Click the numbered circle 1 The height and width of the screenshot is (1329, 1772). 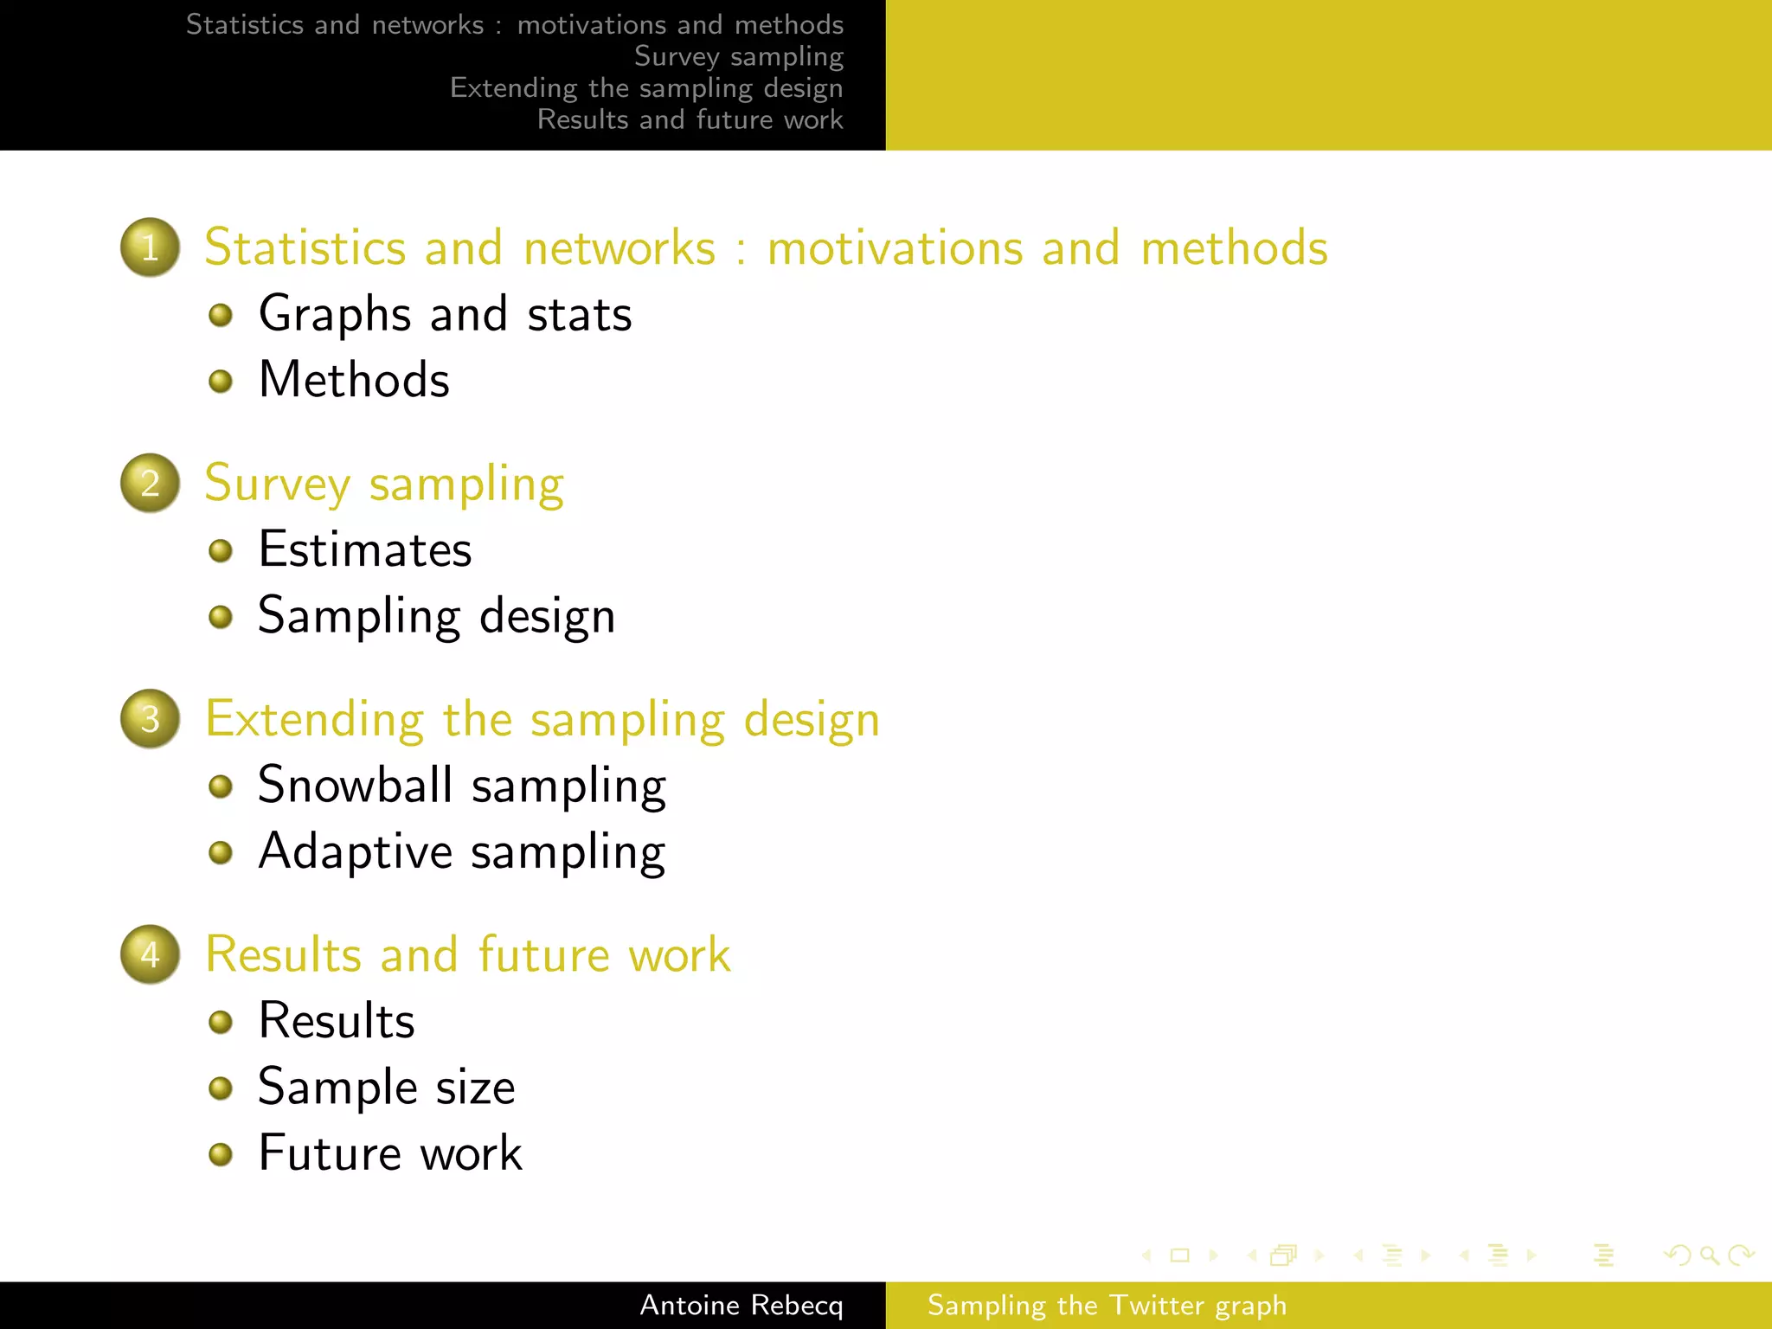pyautogui.click(x=150, y=247)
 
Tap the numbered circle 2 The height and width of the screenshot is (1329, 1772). pyautogui.click(x=150, y=483)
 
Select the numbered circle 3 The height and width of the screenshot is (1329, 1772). pyautogui.click(x=150, y=719)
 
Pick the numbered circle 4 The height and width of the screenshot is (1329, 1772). pyautogui.click(x=150, y=954)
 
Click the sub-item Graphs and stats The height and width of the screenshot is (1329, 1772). pyautogui.click(x=445, y=314)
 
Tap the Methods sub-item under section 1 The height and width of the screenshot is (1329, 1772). pyautogui.click(x=354, y=380)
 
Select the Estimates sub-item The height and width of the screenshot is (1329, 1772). pyautogui.click(x=365, y=549)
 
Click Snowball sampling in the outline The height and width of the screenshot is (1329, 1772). pyautogui.click(x=462, y=786)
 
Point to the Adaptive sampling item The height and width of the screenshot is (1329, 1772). pyautogui.click(x=462, y=852)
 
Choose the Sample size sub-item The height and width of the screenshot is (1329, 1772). pyautogui.click(x=387, y=1088)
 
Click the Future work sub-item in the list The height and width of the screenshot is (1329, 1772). pyautogui.click(x=390, y=1153)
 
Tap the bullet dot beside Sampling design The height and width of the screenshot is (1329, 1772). pyautogui.click(x=221, y=617)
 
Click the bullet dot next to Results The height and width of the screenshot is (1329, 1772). pyautogui.click(x=221, y=1022)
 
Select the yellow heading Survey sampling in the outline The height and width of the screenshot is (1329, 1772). pyautogui.click(x=384, y=484)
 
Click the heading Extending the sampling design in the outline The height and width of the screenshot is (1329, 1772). pyautogui.click(x=543, y=720)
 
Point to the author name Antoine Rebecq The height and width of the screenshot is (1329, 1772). pyautogui.click(x=741, y=1306)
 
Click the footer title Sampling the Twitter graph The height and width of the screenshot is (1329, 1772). pyautogui.click(x=1107, y=1306)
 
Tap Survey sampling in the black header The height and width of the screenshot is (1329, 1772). pyautogui.click(x=738, y=56)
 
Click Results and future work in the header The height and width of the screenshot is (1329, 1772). pyautogui.click(x=690, y=119)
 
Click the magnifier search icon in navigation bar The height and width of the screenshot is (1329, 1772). pyautogui.click(x=1709, y=1255)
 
